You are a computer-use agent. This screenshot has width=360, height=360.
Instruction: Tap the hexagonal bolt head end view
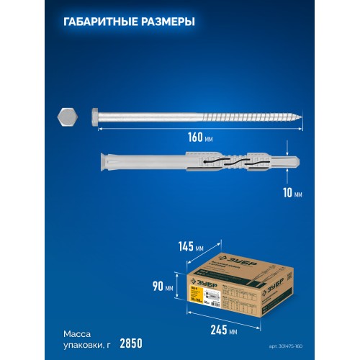point(66,116)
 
